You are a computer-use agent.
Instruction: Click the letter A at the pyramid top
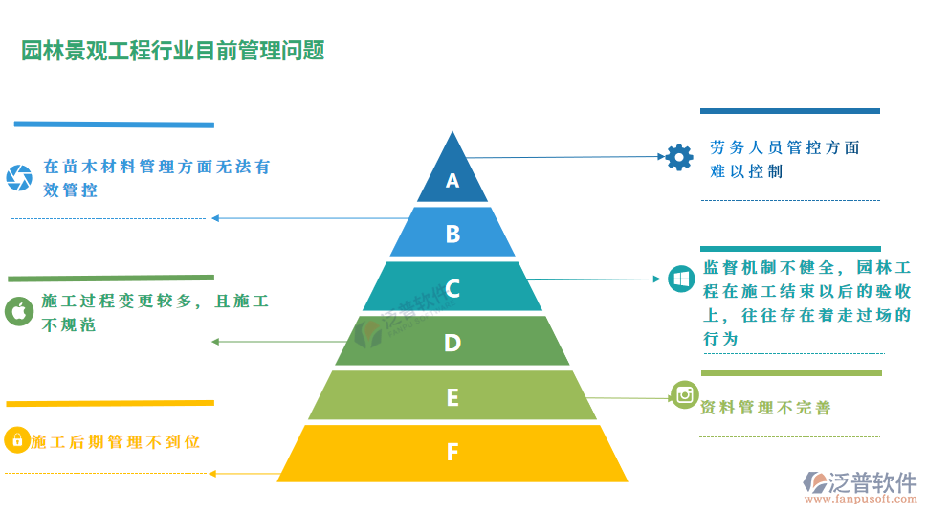pyautogui.click(x=452, y=181)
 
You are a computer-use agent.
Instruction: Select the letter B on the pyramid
pyautogui.click(x=452, y=234)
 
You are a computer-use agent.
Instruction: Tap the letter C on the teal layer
pyautogui.click(x=452, y=288)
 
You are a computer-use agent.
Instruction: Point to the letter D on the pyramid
pyautogui.click(x=452, y=343)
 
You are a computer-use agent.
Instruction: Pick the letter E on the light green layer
pyautogui.click(x=452, y=396)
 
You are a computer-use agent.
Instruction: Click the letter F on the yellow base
pyautogui.click(x=452, y=452)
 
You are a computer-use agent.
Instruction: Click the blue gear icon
pyautogui.click(x=679, y=156)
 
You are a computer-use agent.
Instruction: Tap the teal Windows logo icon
pyautogui.click(x=680, y=279)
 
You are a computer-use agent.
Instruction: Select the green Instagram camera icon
pyautogui.click(x=684, y=394)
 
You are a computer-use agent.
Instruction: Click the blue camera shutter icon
pyautogui.click(x=18, y=177)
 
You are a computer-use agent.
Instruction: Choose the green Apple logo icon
pyautogui.click(x=18, y=310)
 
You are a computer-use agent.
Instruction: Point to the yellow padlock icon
pyautogui.click(x=16, y=440)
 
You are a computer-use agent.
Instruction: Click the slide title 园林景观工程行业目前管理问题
pyautogui.click(x=173, y=51)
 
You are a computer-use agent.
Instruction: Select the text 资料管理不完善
pyautogui.click(x=765, y=408)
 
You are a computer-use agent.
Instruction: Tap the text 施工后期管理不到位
pyautogui.click(x=115, y=441)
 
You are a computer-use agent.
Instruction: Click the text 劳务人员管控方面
pyautogui.click(x=784, y=147)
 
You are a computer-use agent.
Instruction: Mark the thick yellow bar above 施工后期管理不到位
pyautogui.click(x=110, y=403)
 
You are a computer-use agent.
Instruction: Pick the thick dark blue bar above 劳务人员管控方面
pyautogui.click(x=789, y=111)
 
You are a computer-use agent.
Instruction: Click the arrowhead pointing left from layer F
pyautogui.click(x=212, y=473)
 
